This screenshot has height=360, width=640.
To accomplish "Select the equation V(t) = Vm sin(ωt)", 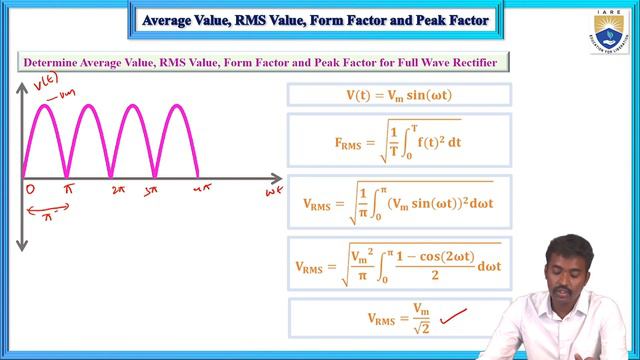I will click(399, 95).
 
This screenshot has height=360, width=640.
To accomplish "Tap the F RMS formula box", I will click(399, 141).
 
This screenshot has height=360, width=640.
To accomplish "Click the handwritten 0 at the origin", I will click(31, 188).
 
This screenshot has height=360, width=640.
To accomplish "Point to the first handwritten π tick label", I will click(68, 188).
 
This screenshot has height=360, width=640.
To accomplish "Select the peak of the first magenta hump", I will click(45, 104).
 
